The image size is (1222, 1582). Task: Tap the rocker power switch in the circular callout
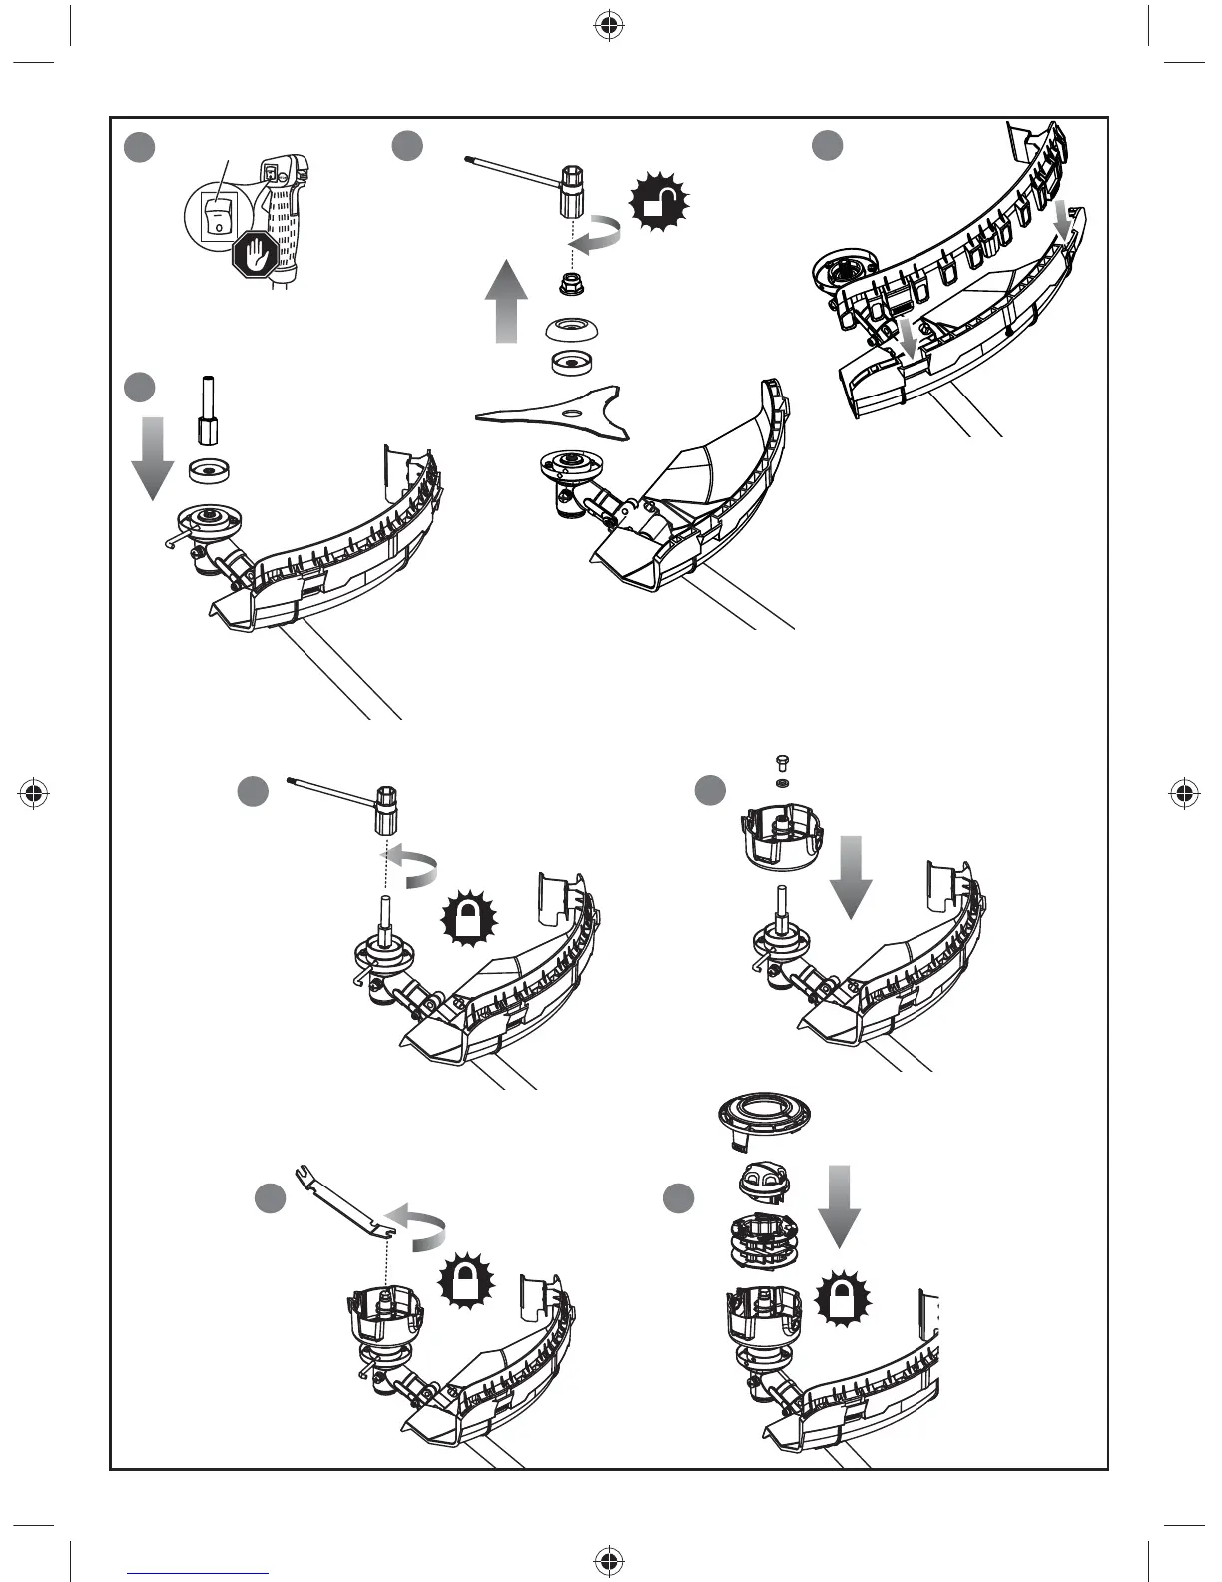pos(216,215)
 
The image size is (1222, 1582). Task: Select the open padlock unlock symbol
pos(659,205)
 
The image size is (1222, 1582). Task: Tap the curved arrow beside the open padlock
pos(598,235)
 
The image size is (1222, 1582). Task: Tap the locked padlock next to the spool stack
pos(843,1300)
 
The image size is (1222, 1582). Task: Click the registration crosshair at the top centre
pos(608,27)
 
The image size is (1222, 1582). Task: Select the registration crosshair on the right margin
pos(1184,794)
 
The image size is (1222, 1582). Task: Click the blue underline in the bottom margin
pos(198,1573)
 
